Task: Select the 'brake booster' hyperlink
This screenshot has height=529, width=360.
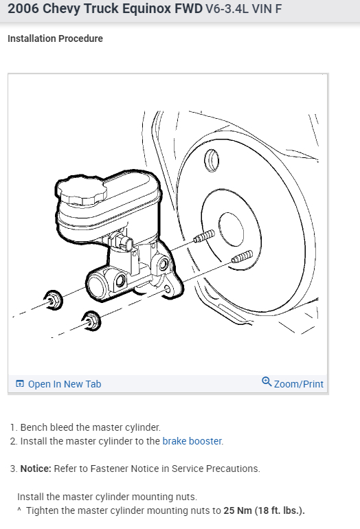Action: click(x=192, y=441)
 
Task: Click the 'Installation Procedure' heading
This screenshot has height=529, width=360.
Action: click(x=56, y=38)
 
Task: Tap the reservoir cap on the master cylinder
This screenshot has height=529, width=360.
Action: click(x=81, y=191)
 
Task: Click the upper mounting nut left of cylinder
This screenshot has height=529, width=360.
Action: click(x=54, y=300)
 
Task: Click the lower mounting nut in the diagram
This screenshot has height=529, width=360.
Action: click(x=91, y=321)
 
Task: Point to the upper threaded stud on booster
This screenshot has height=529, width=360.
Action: click(x=204, y=236)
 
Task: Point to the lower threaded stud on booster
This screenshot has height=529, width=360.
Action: click(x=243, y=256)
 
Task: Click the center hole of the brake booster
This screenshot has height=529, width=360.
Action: click(x=231, y=229)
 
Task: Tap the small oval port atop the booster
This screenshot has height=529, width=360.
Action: click(x=212, y=161)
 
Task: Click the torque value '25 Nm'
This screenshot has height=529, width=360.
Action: click(x=238, y=510)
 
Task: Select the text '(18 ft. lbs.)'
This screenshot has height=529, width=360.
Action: click(x=280, y=510)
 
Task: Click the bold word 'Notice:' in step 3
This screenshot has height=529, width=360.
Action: click(x=36, y=469)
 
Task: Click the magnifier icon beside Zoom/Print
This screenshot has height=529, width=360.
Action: click(x=267, y=381)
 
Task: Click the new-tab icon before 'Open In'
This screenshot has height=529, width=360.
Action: click(x=20, y=383)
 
